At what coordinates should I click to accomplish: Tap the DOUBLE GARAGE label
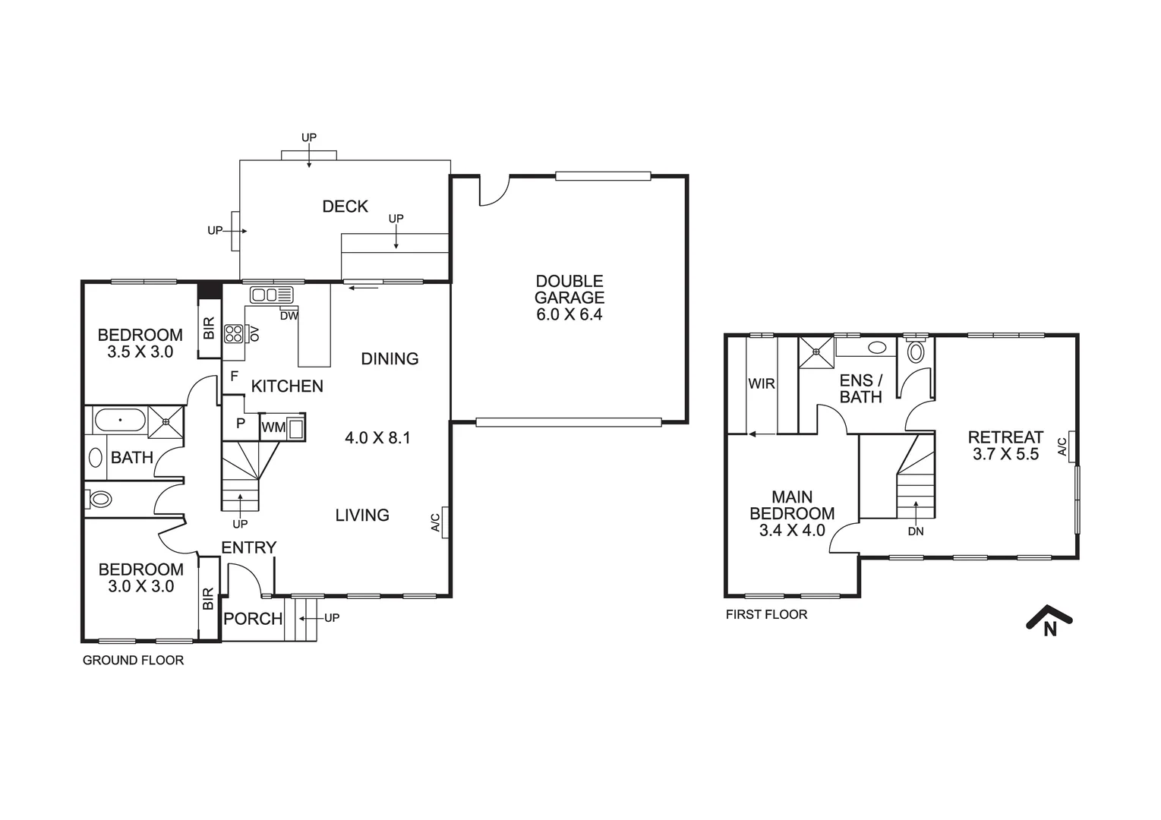point(569,298)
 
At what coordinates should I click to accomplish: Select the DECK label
point(345,207)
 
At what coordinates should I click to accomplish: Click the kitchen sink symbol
point(271,295)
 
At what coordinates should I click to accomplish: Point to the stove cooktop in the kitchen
point(233,333)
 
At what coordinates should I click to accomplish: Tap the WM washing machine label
point(273,427)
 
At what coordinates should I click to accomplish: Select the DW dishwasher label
point(289,316)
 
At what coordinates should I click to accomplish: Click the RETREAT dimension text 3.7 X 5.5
point(1005,455)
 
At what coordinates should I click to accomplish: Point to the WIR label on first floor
point(762,384)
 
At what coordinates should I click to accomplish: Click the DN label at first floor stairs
point(916,531)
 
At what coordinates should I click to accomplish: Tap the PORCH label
point(253,619)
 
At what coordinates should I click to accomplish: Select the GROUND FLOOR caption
point(133,661)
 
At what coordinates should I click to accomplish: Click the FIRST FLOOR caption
point(766,615)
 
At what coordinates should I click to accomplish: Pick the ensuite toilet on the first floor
point(916,352)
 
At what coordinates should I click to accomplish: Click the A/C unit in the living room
point(445,522)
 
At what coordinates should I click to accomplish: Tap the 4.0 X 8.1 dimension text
point(377,438)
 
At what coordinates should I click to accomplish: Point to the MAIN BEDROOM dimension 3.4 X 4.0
point(792,531)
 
